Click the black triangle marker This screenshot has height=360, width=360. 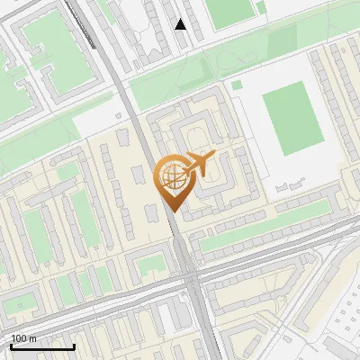click(x=181, y=24)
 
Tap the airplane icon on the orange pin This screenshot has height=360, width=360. click(x=198, y=165)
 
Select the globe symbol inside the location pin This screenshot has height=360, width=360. click(x=171, y=177)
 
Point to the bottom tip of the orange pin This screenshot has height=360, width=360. click(x=173, y=211)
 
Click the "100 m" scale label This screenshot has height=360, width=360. click(x=24, y=338)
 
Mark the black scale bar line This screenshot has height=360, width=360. click(x=42, y=346)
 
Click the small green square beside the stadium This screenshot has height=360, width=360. click(x=237, y=85)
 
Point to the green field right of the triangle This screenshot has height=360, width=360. click(x=229, y=11)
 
